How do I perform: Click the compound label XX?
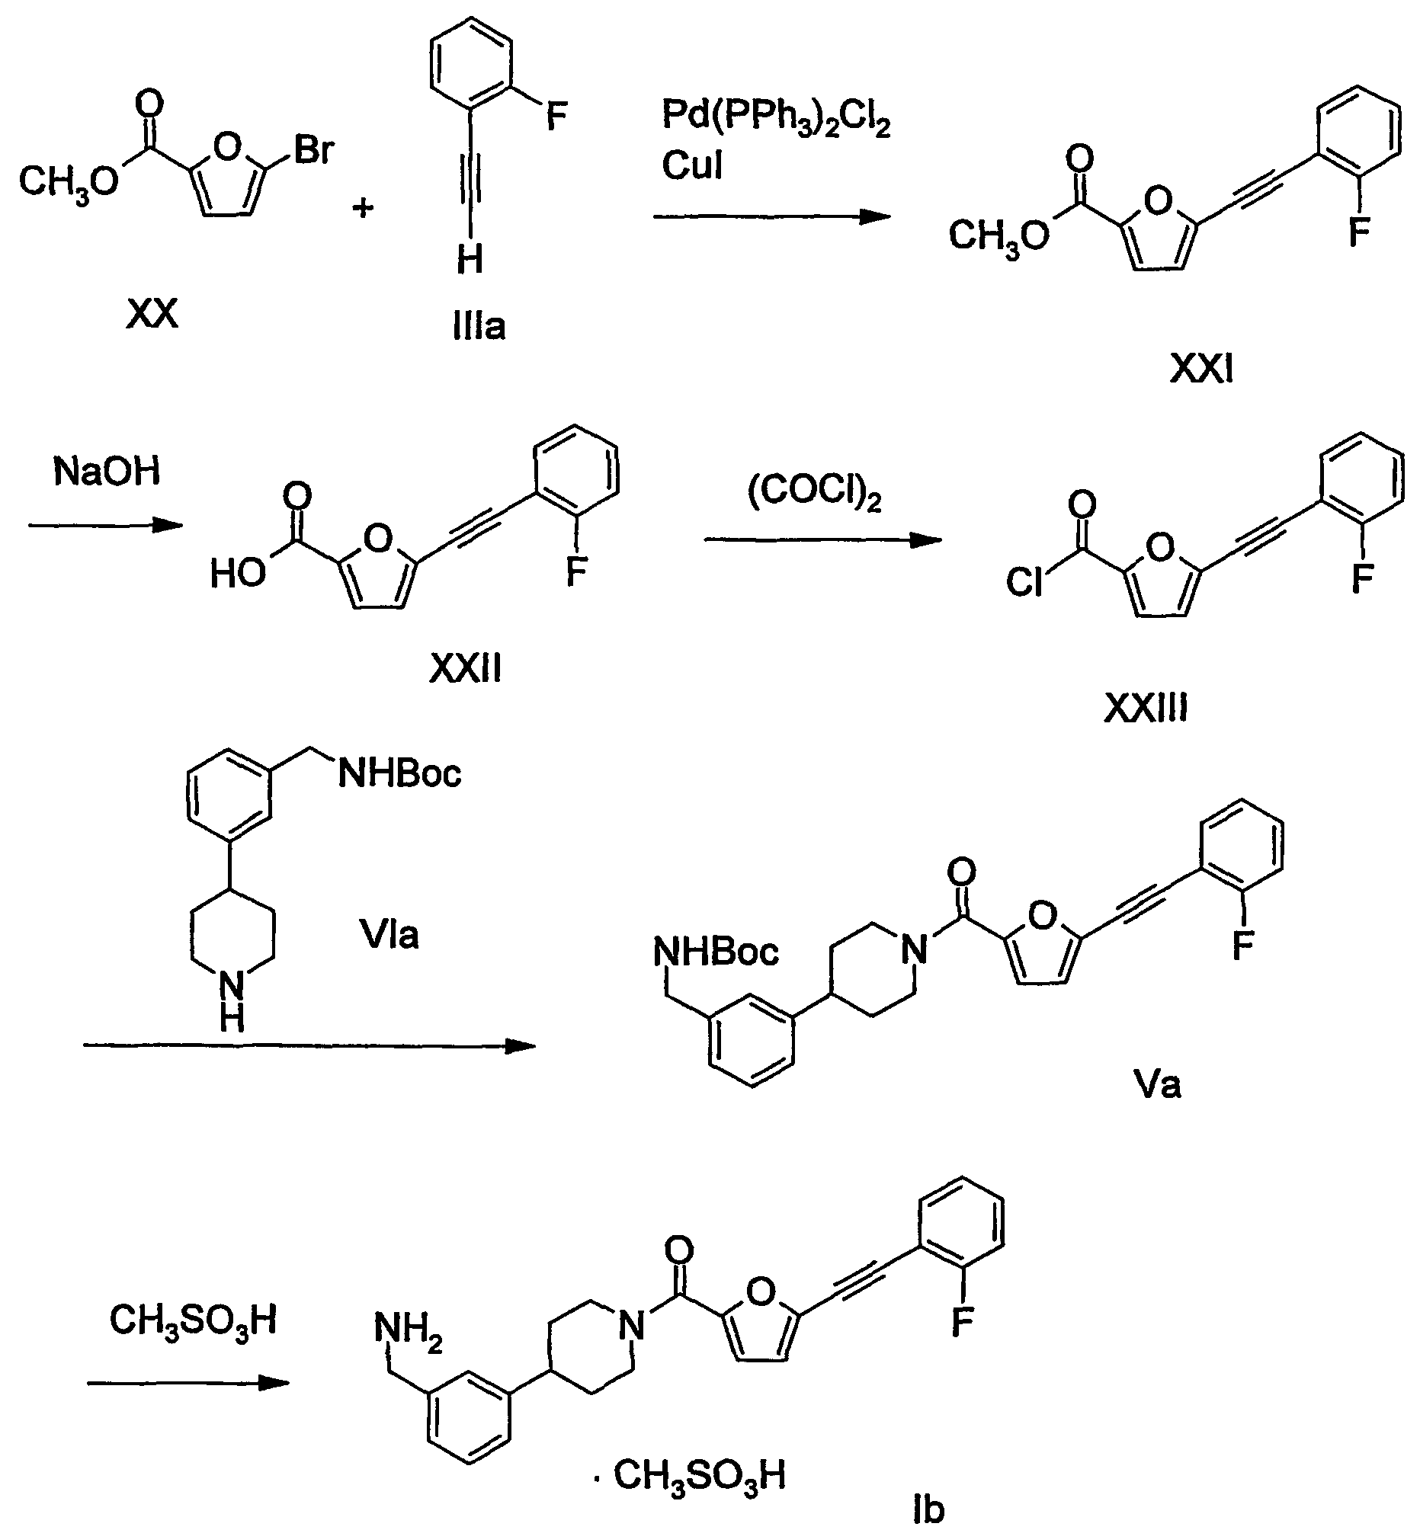[x=152, y=313]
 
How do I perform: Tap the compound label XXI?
[x=1201, y=370]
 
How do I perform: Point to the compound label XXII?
[x=465, y=669]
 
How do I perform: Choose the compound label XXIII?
[x=1146, y=708]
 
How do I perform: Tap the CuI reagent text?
[x=692, y=165]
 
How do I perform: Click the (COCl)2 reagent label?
[x=815, y=492]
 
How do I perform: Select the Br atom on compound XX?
[x=313, y=150]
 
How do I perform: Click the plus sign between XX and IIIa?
[x=363, y=206]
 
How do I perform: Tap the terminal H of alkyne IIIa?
[x=470, y=259]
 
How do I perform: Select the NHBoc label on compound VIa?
[x=399, y=773]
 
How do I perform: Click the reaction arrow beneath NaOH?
[x=106, y=525]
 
